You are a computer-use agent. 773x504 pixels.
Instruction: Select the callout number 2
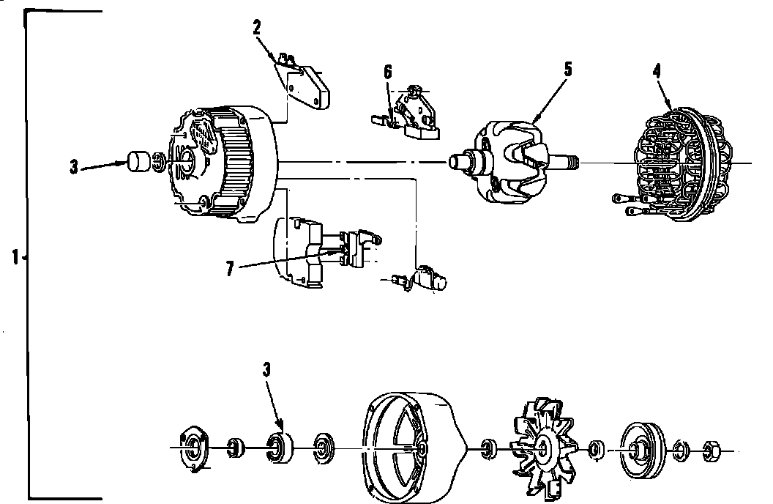(x=257, y=28)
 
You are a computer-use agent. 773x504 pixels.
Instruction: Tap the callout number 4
(x=657, y=71)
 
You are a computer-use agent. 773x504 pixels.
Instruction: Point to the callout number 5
(x=567, y=70)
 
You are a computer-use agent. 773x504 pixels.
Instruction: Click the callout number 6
(x=388, y=72)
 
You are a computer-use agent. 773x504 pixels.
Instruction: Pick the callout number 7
(x=230, y=269)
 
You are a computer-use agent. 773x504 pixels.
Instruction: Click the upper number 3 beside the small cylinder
(x=74, y=167)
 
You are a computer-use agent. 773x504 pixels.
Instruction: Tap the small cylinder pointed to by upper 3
(x=140, y=161)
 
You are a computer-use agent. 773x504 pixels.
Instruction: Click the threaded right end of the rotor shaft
(x=571, y=160)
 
